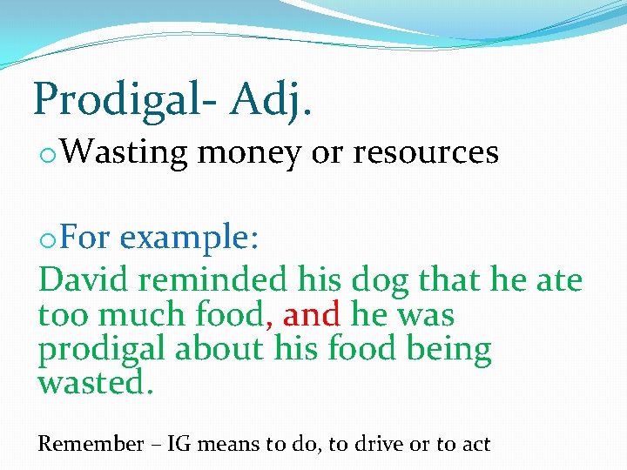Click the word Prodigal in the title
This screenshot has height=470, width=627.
point(122,99)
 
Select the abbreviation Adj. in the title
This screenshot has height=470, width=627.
point(271,99)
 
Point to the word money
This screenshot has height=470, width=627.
point(249,153)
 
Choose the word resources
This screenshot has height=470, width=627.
point(426,153)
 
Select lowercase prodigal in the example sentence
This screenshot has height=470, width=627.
point(101,350)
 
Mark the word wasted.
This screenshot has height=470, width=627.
point(96,383)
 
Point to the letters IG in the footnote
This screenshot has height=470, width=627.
point(179,444)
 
